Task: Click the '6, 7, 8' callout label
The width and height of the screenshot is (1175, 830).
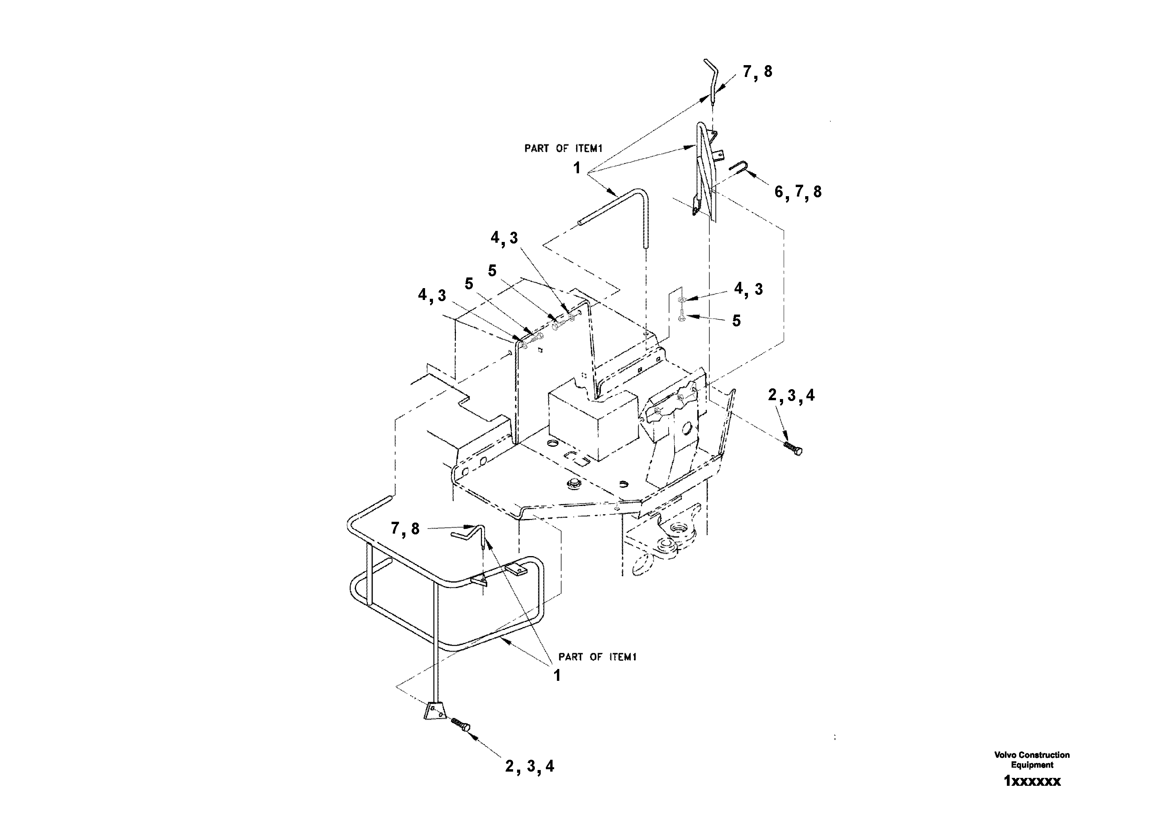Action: [798, 192]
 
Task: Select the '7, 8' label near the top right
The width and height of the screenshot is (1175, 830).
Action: [757, 72]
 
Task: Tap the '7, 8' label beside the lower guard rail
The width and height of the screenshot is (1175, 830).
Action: [405, 528]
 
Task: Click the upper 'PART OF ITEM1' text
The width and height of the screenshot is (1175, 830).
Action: [564, 148]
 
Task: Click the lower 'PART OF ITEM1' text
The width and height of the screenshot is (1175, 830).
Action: [597, 657]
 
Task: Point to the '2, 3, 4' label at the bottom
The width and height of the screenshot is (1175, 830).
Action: [530, 766]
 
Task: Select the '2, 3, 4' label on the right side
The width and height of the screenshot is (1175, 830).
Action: [791, 395]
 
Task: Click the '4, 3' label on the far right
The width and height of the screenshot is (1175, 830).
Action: [748, 289]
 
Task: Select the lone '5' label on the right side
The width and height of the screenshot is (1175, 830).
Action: [736, 321]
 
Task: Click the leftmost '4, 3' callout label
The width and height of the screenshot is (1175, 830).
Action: [432, 295]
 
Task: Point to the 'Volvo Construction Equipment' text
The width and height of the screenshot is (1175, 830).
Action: [1032, 760]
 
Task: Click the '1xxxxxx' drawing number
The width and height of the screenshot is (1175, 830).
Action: [1032, 781]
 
